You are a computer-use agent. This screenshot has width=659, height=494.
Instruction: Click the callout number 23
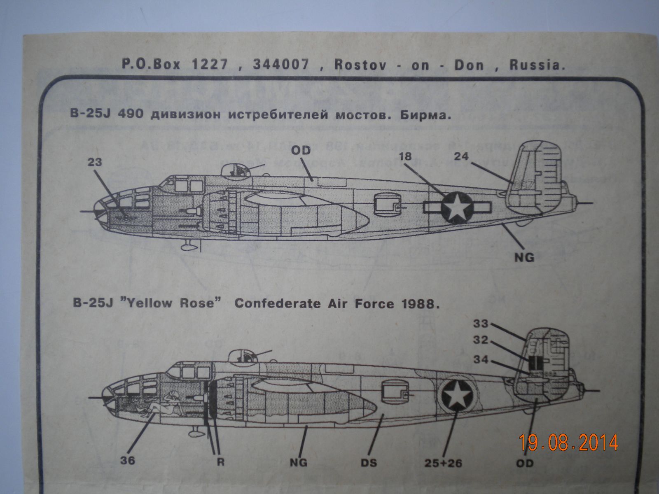(x=94, y=163)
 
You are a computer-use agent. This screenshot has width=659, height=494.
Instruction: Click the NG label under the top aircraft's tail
(x=524, y=258)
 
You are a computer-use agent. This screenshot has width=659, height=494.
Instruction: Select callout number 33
(x=480, y=324)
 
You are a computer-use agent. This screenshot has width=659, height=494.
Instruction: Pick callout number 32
(x=480, y=341)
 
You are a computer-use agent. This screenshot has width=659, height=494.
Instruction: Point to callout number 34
(x=480, y=360)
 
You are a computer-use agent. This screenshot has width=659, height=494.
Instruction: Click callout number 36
(x=128, y=461)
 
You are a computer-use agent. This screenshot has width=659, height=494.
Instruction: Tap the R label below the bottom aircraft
(x=221, y=462)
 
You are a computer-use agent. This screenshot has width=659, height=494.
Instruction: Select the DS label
(x=368, y=463)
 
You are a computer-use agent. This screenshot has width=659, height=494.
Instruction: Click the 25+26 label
(x=442, y=463)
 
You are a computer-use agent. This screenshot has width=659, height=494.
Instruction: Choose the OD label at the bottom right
(x=524, y=463)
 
